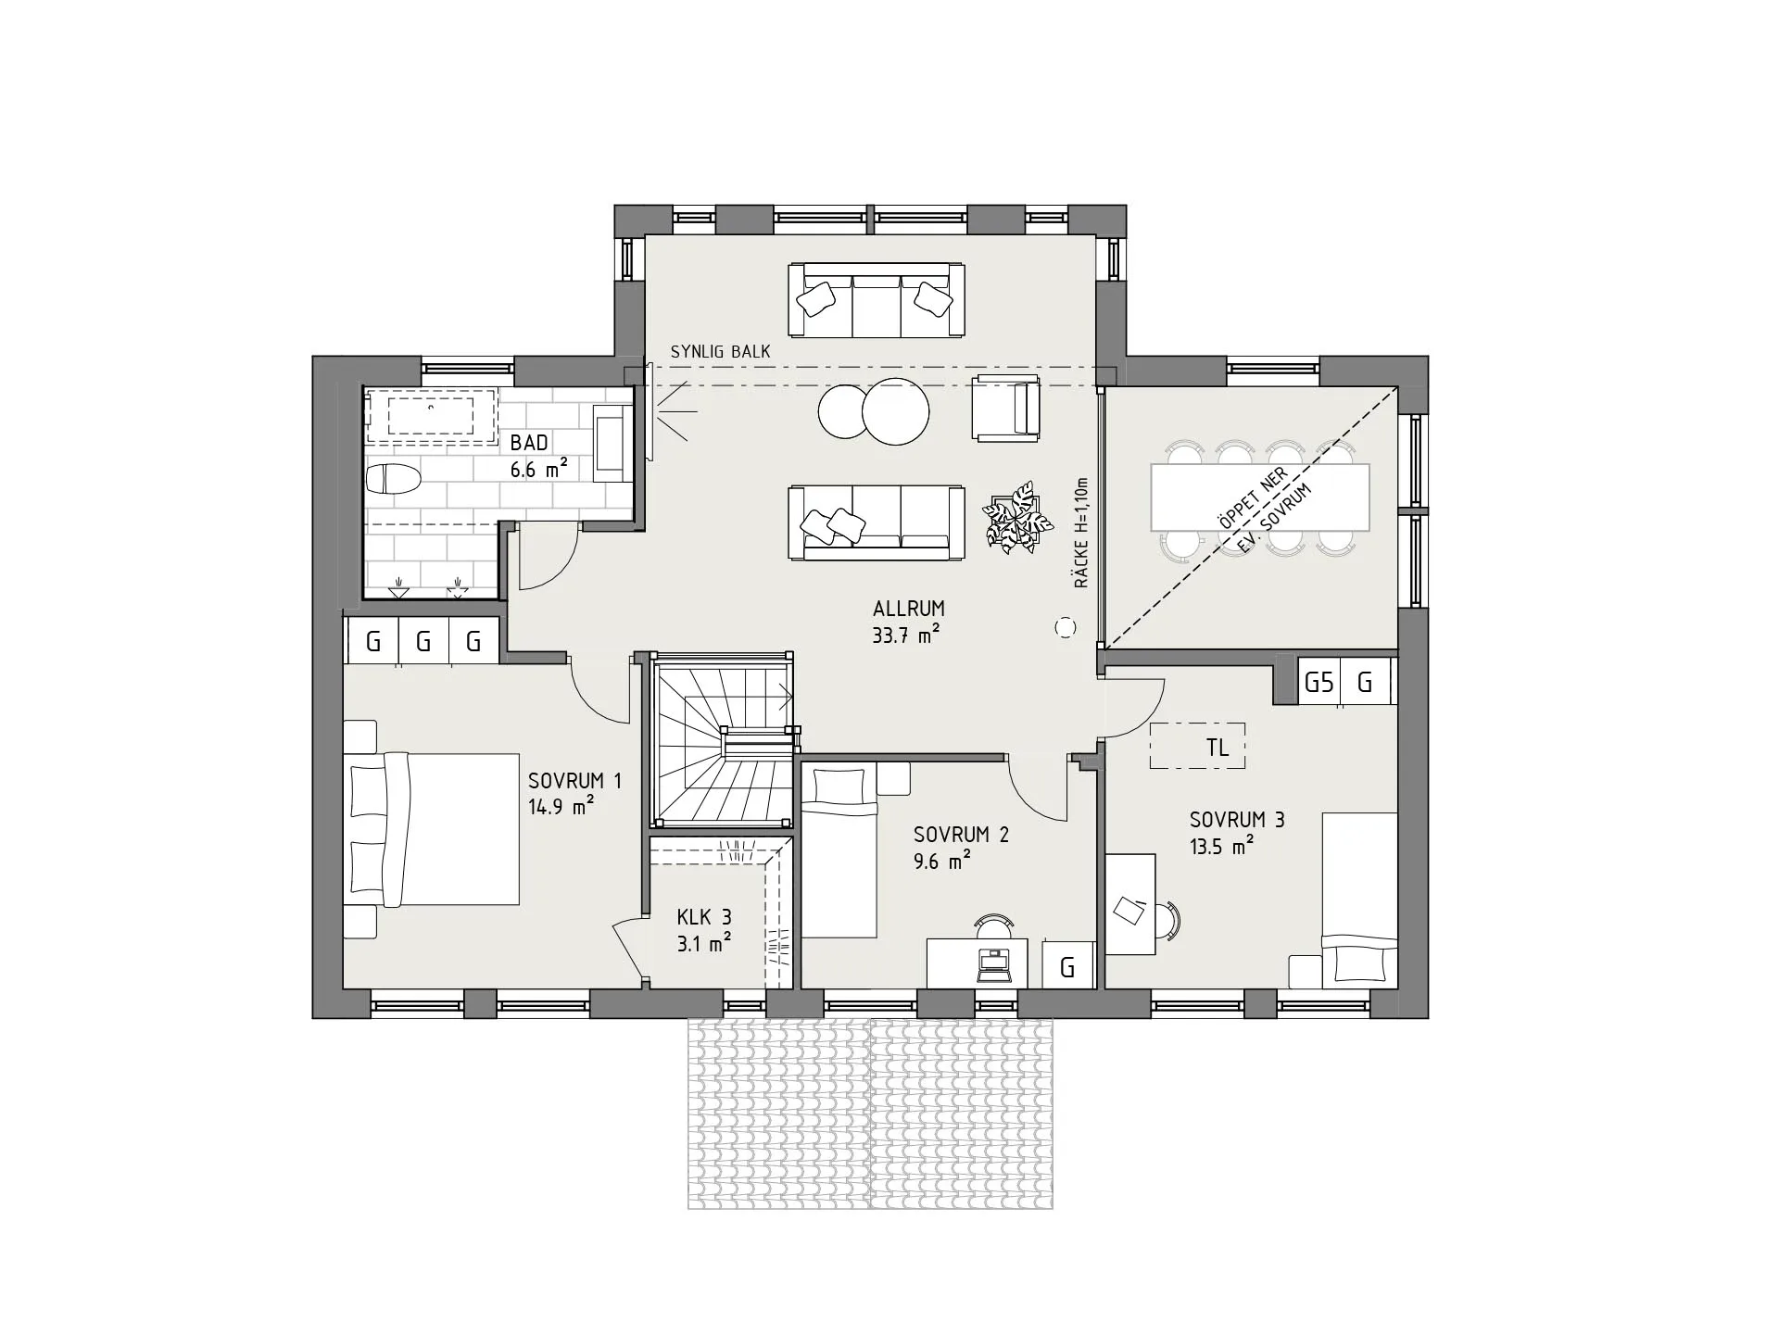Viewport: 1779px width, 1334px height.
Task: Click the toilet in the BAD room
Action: click(394, 479)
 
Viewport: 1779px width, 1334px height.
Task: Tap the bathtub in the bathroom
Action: click(432, 417)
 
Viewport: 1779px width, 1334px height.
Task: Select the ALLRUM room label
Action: click(908, 609)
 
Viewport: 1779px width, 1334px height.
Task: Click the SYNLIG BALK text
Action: click(720, 352)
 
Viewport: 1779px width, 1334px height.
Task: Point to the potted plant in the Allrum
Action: click(1018, 518)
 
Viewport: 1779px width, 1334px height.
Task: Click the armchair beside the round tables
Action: click(1005, 408)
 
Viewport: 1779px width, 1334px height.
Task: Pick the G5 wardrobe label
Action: click(1318, 683)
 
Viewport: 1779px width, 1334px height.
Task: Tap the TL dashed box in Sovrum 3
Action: click(1197, 746)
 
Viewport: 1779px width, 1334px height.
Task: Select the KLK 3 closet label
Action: click(704, 917)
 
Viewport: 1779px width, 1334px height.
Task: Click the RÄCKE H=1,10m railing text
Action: click(1081, 534)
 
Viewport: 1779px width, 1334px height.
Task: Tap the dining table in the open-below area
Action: click(1260, 497)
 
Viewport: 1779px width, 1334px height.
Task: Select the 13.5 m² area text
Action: click(1222, 845)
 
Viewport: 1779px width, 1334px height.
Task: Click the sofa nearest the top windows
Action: click(876, 300)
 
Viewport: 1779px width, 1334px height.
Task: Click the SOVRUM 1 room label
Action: click(574, 781)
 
